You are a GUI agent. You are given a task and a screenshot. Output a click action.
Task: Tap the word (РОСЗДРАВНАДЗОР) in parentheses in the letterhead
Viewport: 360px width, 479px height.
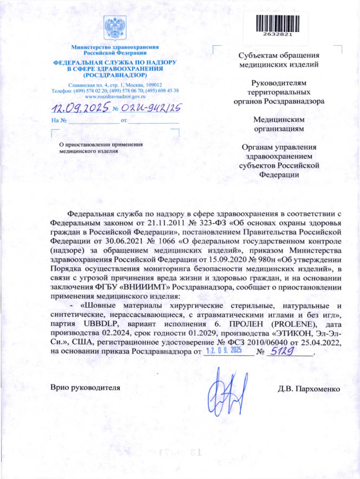pos(114,74)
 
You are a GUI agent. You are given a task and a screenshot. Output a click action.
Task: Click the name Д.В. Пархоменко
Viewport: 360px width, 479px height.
pos(308,389)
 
